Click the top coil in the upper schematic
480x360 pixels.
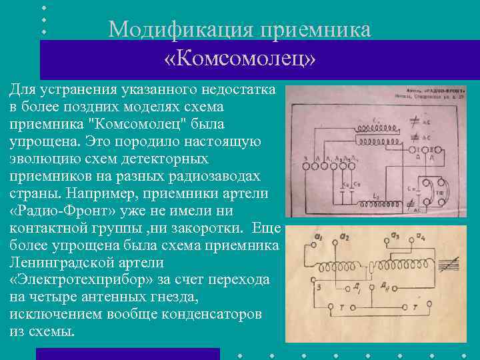tap(366, 126)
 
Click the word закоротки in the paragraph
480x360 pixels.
tap(217, 227)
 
